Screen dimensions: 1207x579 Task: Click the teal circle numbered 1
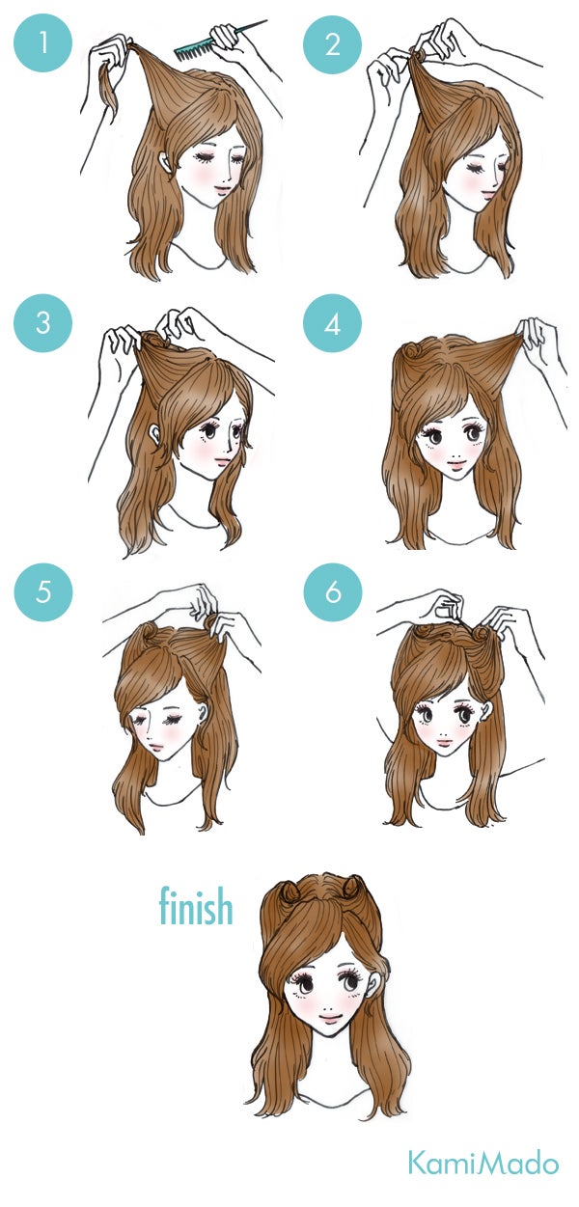(x=43, y=43)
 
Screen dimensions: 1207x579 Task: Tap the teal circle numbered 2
(x=333, y=43)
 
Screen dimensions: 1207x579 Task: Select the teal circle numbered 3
(x=43, y=322)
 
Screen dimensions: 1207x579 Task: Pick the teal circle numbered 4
(x=333, y=322)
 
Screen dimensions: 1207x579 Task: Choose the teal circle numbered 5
(x=43, y=590)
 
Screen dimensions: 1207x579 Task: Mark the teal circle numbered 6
(x=333, y=590)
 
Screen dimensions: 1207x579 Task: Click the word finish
(x=196, y=907)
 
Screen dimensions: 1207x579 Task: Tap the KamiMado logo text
(x=482, y=1163)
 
